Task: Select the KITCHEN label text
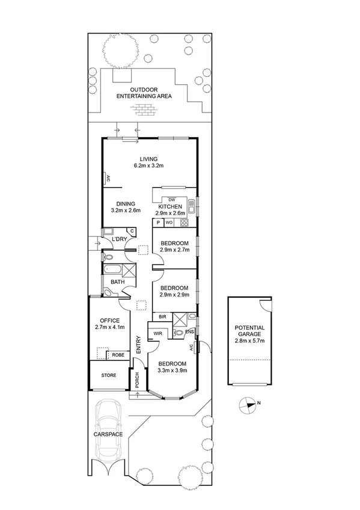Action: pyautogui.click(x=170, y=206)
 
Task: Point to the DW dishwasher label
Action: pyautogui.click(x=171, y=200)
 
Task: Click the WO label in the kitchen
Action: pyautogui.click(x=169, y=223)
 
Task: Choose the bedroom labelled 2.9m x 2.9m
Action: pyautogui.click(x=174, y=291)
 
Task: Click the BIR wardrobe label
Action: pyautogui.click(x=162, y=316)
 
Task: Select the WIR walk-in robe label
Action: pyautogui.click(x=157, y=333)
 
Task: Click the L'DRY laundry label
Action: pyautogui.click(x=120, y=239)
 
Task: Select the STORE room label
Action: pyautogui.click(x=109, y=375)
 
